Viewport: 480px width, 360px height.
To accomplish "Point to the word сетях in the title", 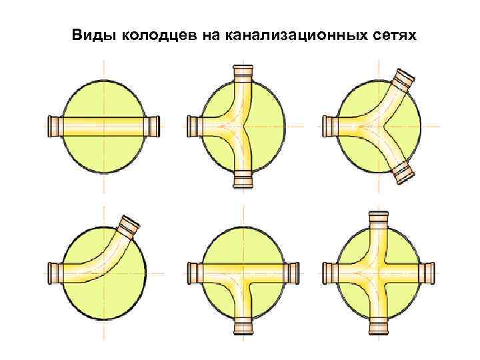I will pyautogui.click(x=391, y=34).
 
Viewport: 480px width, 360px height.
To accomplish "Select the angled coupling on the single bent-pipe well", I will pyautogui.click(x=129, y=225).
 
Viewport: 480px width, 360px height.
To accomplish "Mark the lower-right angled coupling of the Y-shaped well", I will pyautogui.click(x=404, y=172).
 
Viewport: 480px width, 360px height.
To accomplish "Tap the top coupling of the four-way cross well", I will pyautogui.click(x=378, y=219).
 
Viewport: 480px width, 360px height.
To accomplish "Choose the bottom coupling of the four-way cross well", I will pyautogui.click(x=378, y=325).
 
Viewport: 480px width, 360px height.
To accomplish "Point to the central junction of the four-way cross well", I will pyautogui.click(x=378, y=272).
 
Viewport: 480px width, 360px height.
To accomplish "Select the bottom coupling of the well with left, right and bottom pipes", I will pyautogui.click(x=243, y=325).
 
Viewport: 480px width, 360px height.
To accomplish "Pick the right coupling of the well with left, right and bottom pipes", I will pyautogui.click(x=291, y=272).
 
